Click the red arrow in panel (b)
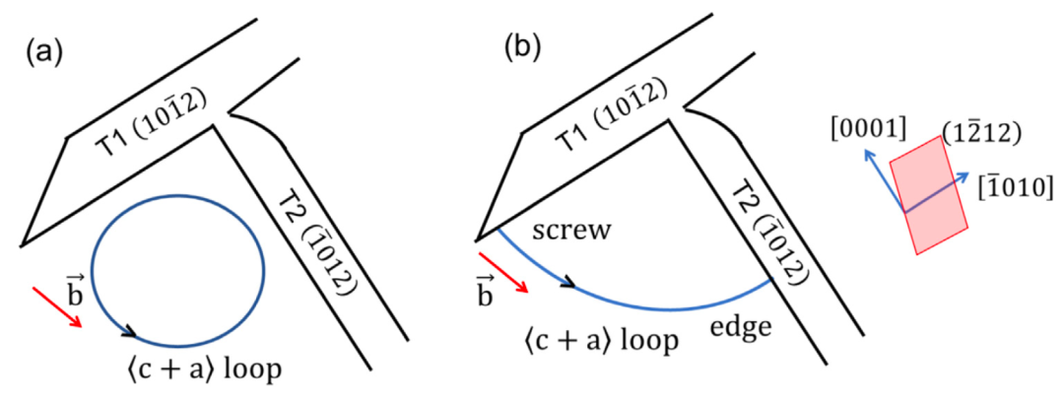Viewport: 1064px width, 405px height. (x=510, y=276)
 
